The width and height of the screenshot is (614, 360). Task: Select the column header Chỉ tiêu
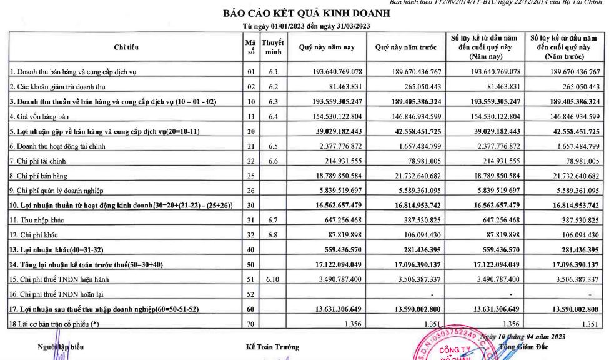coord(126,47)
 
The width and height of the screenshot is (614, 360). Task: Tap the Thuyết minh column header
coord(273,47)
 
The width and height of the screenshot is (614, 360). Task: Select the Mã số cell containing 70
coord(250,324)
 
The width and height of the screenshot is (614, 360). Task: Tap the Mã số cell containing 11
coord(250,117)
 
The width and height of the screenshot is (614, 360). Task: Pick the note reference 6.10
coord(273,279)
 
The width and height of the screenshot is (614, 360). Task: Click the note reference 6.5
coord(273,146)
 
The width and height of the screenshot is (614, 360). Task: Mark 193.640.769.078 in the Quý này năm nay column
coord(330,72)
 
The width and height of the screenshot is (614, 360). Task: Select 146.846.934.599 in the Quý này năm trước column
coord(409,117)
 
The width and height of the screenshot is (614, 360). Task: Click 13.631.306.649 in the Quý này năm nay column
coord(330,309)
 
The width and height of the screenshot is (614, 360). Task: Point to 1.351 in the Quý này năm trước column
coord(430,324)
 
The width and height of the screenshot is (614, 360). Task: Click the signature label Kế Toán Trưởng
coord(273,347)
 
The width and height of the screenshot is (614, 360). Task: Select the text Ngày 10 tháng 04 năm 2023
coord(523,337)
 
